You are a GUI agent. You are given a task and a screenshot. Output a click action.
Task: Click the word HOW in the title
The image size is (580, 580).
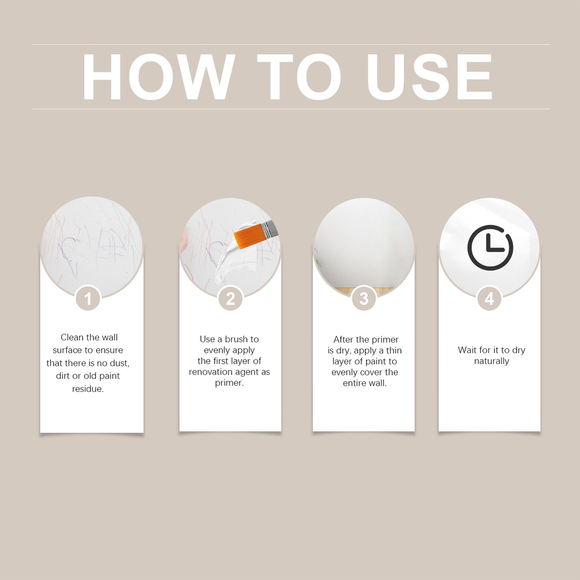coord(159,76)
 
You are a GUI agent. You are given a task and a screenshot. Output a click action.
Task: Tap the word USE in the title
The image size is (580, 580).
coord(429,76)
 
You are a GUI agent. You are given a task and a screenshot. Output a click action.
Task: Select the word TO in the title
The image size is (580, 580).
coord(299,76)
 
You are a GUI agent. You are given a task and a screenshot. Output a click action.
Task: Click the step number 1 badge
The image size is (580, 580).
coord(88,298)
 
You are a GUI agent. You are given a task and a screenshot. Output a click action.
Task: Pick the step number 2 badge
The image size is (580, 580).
coord(231,298)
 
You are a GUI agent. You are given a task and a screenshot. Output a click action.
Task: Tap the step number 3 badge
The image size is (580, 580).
coord(364,298)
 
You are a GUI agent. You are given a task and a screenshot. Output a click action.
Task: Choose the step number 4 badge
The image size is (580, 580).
coord(489,298)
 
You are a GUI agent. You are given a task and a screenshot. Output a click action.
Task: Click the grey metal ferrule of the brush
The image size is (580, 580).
coord(271,229)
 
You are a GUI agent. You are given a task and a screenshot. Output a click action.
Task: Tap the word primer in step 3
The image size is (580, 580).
coord(385,340)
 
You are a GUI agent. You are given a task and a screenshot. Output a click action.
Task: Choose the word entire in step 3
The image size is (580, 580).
coord(354,383)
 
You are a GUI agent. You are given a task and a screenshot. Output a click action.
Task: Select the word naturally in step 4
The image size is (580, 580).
coord(492,361)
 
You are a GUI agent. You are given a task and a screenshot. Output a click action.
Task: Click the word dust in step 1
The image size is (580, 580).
coord(119,363)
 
